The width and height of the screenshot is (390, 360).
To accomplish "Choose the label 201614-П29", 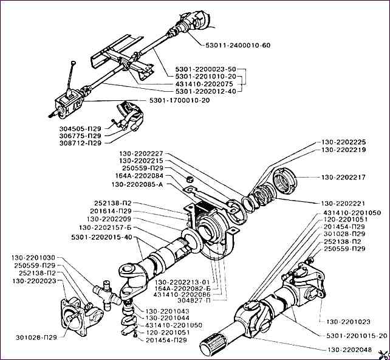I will (110, 211).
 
